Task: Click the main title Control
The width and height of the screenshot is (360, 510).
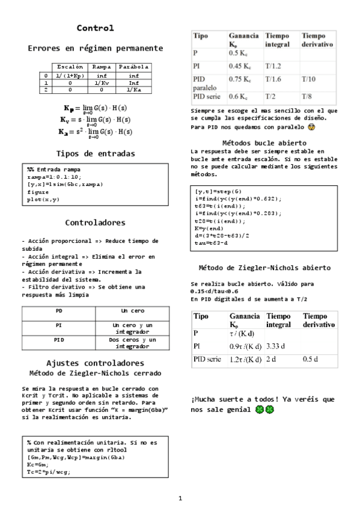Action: click(x=95, y=28)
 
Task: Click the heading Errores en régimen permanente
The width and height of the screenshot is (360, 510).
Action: click(x=95, y=48)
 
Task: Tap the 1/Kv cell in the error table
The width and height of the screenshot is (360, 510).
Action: click(x=102, y=83)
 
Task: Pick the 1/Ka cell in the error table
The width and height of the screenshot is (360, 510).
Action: click(x=133, y=90)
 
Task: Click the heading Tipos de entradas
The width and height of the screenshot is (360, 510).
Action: click(x=95, y=153)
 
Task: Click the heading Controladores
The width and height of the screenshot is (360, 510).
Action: click(x=95, y=223)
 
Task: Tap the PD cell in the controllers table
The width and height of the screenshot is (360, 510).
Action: click(x=58, y=312)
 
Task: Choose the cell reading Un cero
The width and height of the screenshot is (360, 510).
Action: click(x=132, y=312)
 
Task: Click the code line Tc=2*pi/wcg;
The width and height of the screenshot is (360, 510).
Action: click(x=49, y=472)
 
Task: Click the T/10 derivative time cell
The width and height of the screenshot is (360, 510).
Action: click(x=308, y=79)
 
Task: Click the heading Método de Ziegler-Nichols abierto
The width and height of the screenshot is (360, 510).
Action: click(x=264, y=268)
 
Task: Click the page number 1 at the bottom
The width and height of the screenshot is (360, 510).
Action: click(x=180, y=499)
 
